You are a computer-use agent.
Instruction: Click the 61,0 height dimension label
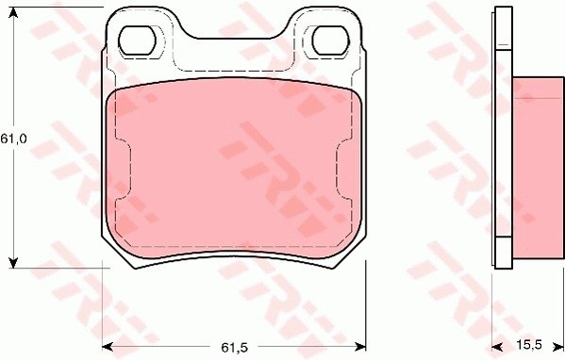13,139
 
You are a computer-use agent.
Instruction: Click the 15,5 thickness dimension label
529,345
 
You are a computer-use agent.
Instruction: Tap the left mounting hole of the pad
137,41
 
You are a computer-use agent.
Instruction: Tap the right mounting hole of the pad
330,41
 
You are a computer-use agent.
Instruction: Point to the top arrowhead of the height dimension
13,12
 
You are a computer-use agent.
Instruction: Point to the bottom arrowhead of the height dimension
13,263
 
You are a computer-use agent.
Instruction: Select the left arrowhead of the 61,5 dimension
108,347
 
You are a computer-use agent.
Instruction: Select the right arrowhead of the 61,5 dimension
360,347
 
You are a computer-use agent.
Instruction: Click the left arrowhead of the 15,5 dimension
497,347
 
